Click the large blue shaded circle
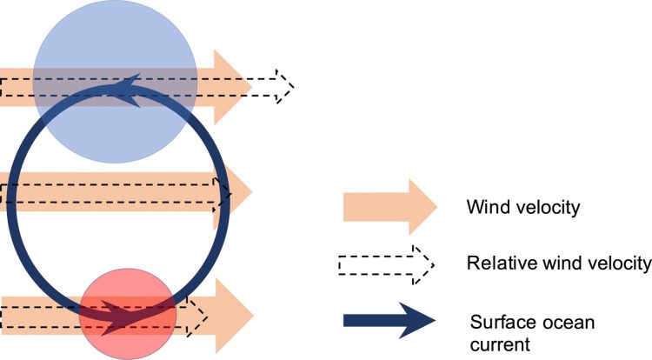point(110,52)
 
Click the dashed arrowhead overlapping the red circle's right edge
point(198,316)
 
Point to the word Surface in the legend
point(496,323)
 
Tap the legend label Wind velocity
point(512,208)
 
